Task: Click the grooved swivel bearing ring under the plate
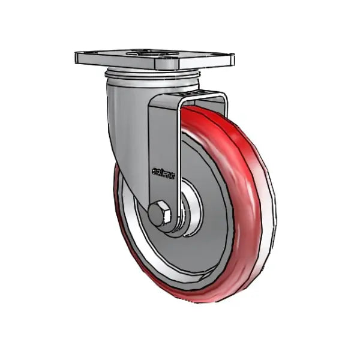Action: point(153,76)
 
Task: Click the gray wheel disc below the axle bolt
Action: point(180,258)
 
